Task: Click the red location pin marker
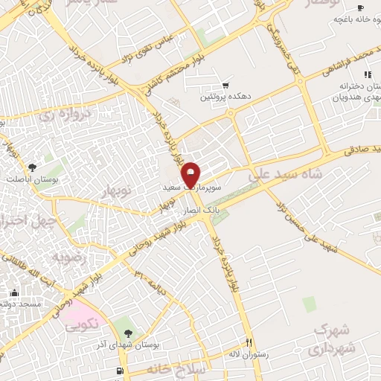point(191,174)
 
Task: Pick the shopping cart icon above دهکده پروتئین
point(225,86)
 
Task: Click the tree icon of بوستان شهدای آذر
point(128,333)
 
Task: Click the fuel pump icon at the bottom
point(118,370)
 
